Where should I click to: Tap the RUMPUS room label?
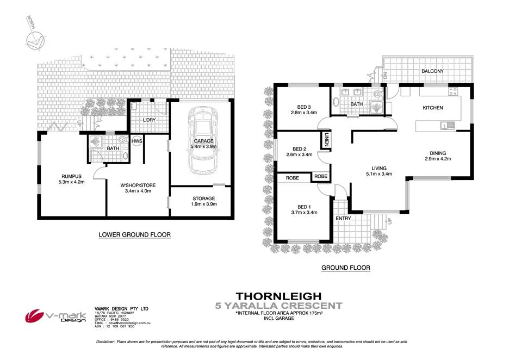point(71,176)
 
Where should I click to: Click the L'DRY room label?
point(150,120)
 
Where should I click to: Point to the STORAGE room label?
point(203,198)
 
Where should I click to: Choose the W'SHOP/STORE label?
point(136,184)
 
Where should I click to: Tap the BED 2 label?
point(300,149)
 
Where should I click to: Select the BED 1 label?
point(303,206)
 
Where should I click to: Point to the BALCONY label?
point(433,71)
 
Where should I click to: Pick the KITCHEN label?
point(433,108)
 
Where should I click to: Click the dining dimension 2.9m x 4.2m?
point(438,159)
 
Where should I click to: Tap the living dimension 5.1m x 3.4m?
point(378,174)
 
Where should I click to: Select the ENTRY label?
point(343,219)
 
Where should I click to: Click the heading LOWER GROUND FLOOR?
point(134,235)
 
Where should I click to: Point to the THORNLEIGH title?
point(284,296)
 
